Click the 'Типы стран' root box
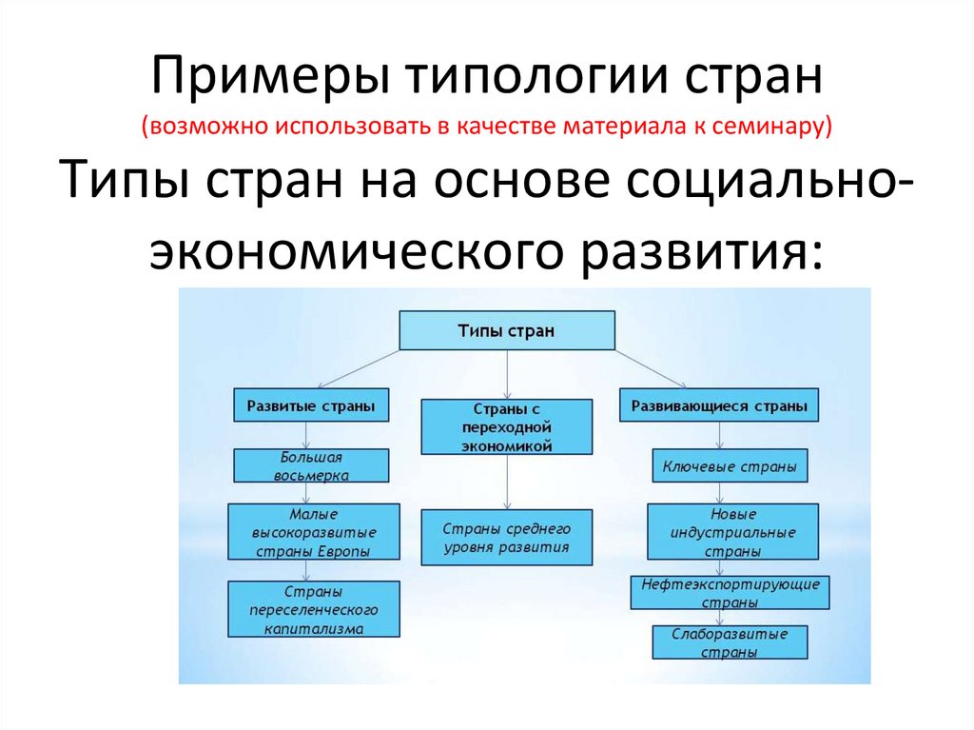tap(506, 331)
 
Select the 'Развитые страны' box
tap(304, 404)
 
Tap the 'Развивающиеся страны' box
tap(719, 405)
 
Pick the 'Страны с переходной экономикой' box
tap(507, 427)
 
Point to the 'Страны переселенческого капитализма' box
tap(314, 609)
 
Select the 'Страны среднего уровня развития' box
tap(506, 537)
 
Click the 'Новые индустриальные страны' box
tap(733, 532)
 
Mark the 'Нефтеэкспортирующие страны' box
tap(730, 592)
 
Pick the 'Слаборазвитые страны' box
tap(730, 642)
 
